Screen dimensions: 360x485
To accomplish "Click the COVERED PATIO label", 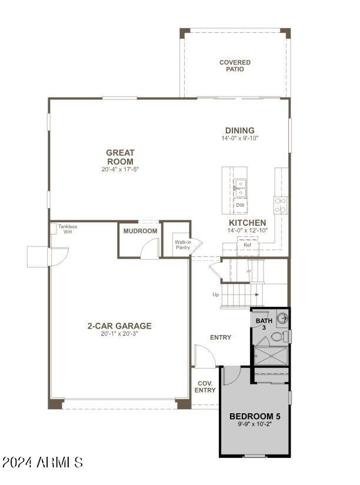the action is coord(235,66).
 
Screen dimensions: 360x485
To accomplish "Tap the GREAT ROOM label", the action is coord(120,157).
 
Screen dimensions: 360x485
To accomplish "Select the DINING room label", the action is coord(239,131).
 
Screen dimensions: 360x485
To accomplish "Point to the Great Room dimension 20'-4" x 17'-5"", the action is coord(119,169).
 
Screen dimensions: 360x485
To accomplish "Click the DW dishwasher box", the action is coord(240,205).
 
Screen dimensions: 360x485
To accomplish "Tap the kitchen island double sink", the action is coord(240,188).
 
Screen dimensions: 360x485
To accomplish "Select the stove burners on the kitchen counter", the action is coord(281,205).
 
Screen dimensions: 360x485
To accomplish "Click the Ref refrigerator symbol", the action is coord(247,246).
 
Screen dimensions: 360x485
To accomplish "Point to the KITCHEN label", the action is coord(247,223).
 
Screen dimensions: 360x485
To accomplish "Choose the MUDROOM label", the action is coord(140,231).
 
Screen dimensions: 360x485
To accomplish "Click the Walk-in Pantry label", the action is coord(183,245).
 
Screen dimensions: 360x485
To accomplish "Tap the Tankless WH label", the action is coord(68,229).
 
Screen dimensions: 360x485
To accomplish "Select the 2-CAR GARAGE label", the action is coord(119,326).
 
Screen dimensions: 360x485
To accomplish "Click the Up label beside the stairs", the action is coord(216,295).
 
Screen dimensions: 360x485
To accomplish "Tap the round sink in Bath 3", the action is coord(282,317).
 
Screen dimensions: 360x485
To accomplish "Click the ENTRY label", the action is coord(221,337).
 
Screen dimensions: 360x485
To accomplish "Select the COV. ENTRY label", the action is coord(205,387).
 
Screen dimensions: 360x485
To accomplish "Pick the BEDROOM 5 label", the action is coord(255,416).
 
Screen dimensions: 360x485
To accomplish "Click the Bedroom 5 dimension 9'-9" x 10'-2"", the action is coord(255,424).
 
